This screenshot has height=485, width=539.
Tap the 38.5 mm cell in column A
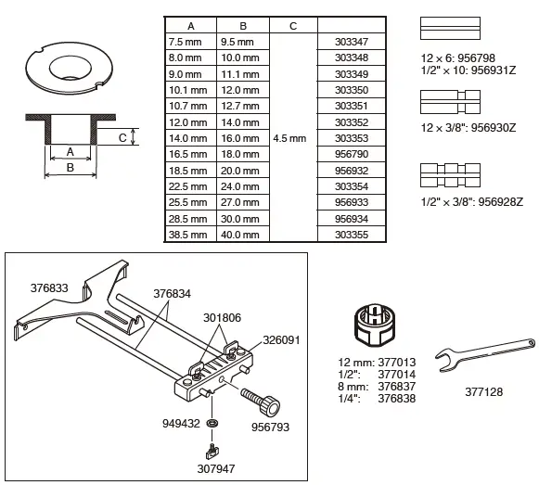click(187, 234)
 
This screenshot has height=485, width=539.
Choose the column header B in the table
click(242, 26)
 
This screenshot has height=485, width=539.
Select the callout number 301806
click(222, 317)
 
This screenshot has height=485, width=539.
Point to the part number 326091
click(282, 339)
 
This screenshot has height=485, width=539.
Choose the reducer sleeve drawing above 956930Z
click(454, 98)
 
